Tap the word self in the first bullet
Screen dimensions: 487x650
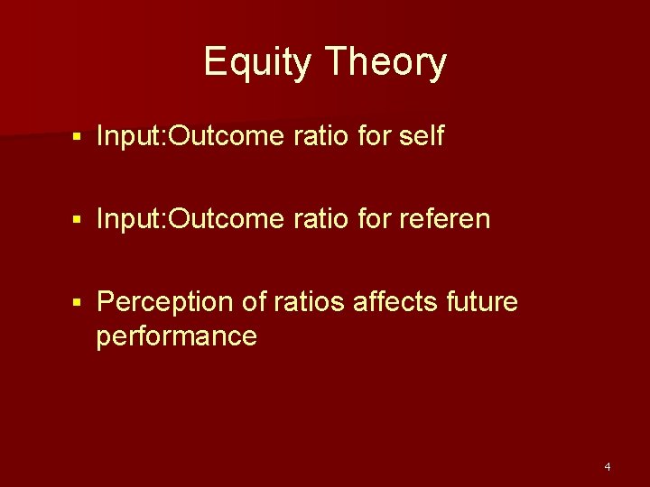(421, 136)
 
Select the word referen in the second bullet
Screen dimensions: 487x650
(443, 219)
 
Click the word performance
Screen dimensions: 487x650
(177, 336)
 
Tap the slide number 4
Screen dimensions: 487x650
(607, 467)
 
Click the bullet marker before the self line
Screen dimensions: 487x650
(79, 137)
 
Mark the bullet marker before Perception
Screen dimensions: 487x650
(79, 303)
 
